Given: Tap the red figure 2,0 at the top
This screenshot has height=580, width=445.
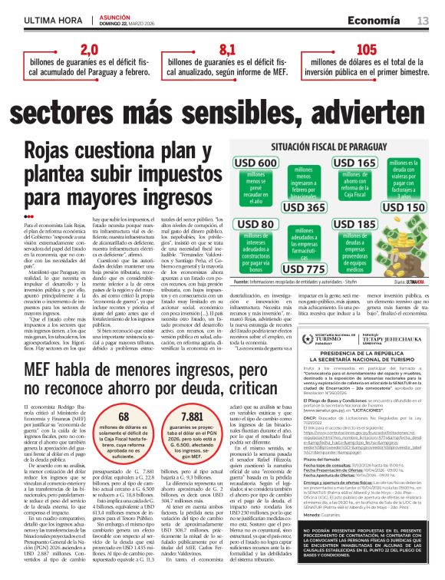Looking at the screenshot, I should [90, 50].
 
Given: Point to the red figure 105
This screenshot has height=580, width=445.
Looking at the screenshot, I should [367, 50].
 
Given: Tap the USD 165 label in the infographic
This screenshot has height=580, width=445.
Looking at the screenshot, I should [355, 163].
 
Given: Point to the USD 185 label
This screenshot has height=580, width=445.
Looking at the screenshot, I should [355, 225].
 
